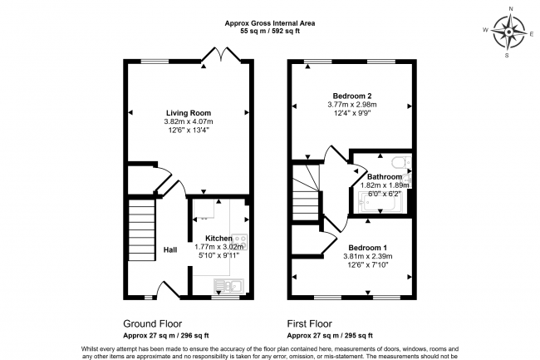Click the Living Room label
[189, 113]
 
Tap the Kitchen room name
[218, 239]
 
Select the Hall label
[170, 249]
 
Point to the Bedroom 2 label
[352, 96]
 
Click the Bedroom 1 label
[367, 248]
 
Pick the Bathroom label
[385, 177]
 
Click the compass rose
[509, 32]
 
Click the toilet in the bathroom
[401, 162]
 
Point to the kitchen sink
[228, 285]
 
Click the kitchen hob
[239, 242]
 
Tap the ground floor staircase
[141, 231]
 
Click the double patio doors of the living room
[220, 54]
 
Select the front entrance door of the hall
[168, 289]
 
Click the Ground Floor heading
[153, 323]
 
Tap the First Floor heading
[310, 323]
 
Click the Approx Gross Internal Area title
[270, 23]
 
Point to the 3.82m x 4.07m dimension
[189, 121]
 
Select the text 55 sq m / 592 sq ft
[270, 31]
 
